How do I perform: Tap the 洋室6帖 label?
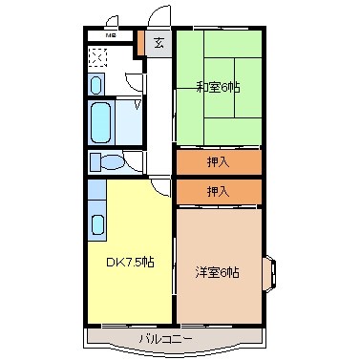click(x=219, y=272)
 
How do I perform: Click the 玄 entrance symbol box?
click(x=159, y=42)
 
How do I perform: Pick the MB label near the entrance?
click(x=111, y=37)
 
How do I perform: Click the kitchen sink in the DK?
click(x=97, y=226)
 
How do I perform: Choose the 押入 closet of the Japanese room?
click(x=218, y=162)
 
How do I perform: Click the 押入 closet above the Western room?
click(x=218, y=192)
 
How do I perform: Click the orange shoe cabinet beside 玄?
click(x=140, y=42)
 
